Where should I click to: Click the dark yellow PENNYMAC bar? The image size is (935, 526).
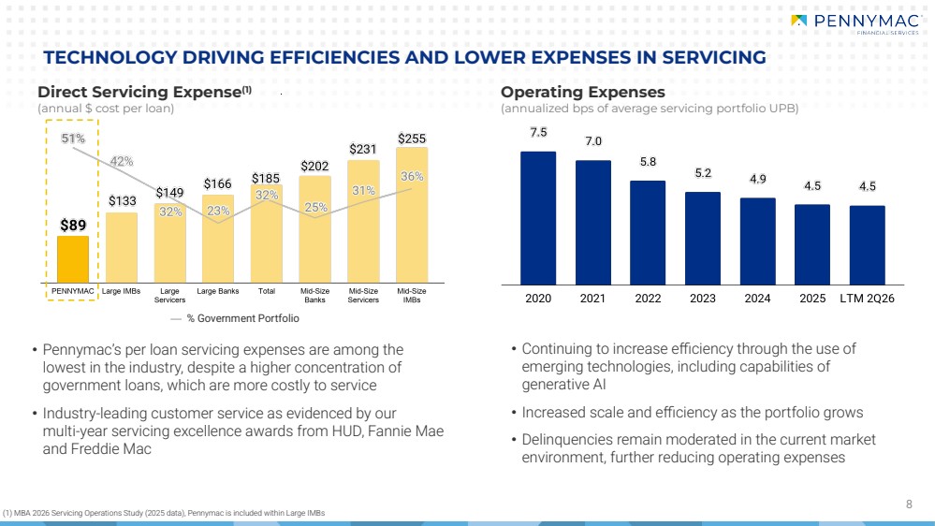tap(73, 259)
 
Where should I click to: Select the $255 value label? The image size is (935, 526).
tap(412, 139)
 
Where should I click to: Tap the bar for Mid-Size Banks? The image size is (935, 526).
tap(314, 229)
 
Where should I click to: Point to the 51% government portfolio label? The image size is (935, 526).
tap(73, 139)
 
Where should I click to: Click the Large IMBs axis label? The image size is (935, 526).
tap(121, 291)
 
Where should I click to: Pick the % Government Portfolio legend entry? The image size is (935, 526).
tap(235, 318)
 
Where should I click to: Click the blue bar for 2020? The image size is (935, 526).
tap(538, 218)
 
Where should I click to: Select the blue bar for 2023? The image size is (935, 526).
tap(703, 239)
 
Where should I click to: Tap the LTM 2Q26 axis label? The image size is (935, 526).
tap(867, 299)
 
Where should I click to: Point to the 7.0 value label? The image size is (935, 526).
tap(593, 141)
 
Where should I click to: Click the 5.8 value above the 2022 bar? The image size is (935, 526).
tap(649, 162)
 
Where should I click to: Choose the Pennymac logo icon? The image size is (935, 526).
tap(798, 21)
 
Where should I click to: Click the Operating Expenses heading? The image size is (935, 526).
tap(582, 92)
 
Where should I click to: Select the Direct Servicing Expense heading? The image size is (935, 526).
tap(144, 92)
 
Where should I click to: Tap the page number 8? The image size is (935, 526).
tap(909, 504)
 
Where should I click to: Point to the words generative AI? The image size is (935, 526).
tap(563, 385)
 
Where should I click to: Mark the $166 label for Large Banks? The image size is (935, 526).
tap(218, 183)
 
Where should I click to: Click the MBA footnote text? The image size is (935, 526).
tap(164, 513)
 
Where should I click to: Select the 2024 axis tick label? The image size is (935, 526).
tap(757, 299)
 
